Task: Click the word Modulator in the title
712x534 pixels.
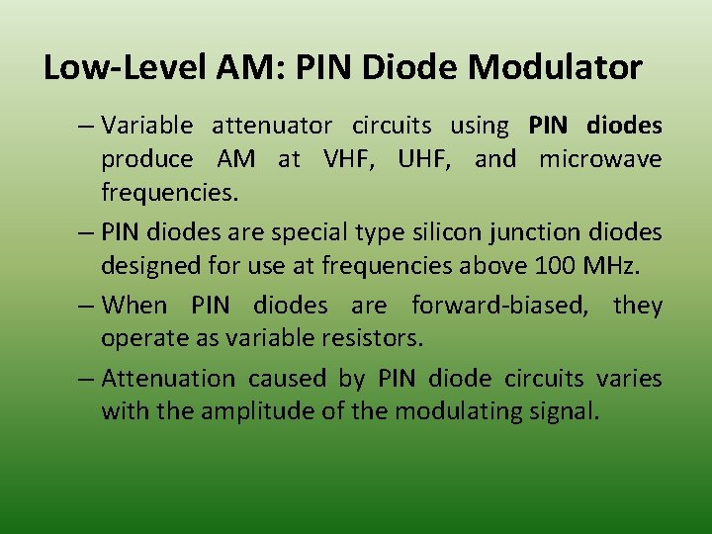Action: [x=555, y=68]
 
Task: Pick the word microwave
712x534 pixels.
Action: [x=600, y=160]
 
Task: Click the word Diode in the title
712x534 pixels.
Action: [x=413, y=68]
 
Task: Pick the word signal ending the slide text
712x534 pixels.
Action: [x=566, y=412]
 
